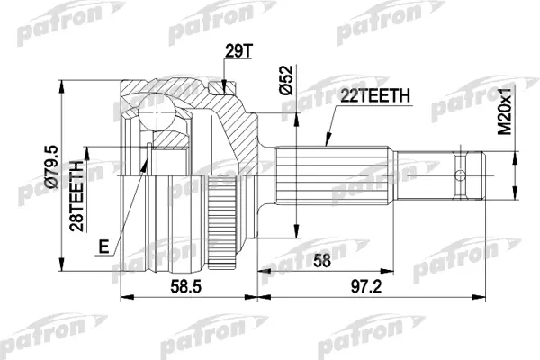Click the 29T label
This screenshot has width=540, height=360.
pos(238,51)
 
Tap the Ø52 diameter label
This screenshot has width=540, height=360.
pos(286,80)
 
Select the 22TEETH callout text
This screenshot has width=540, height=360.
pos(375,96)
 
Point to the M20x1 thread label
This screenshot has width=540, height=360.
pos(506,110)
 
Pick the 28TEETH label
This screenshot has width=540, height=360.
pos(76,196)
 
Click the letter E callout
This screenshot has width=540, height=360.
pos(103,247)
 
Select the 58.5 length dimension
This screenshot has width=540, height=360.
pos(185,286)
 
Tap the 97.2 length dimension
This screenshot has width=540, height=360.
pos(366,286)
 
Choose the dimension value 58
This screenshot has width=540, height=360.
pos(322,260)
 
